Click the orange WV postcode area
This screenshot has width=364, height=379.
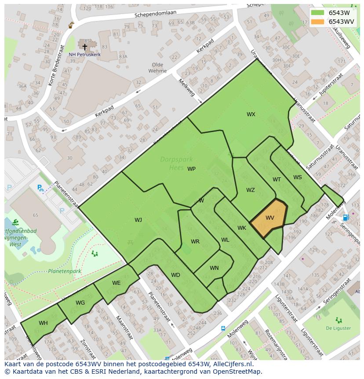click(269, 218)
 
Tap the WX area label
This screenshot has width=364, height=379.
click(251, 114)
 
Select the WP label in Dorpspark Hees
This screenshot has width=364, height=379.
click(191, 169)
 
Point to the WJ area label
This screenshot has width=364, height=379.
click(138, 220)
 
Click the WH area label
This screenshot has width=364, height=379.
click(43, 323)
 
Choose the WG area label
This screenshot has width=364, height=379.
click(80, 302)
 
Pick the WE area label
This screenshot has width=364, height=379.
click(116, 283)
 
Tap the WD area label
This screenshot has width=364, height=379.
click(175, 275)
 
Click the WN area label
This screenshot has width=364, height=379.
click(214, 268)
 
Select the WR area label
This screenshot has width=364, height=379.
click(195, 242)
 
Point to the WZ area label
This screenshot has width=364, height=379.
click(250, 190)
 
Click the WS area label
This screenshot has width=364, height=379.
click(298, 177)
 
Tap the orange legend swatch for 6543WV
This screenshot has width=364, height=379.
click(317, 22)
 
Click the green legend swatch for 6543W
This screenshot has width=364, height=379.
click(317, 13)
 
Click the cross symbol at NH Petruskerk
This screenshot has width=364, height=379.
click(85, 47)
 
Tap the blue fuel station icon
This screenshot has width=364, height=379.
click(346, 217)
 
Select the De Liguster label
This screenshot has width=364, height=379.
click(338, 328)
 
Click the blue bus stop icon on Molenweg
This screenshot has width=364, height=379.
click(223, 328)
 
